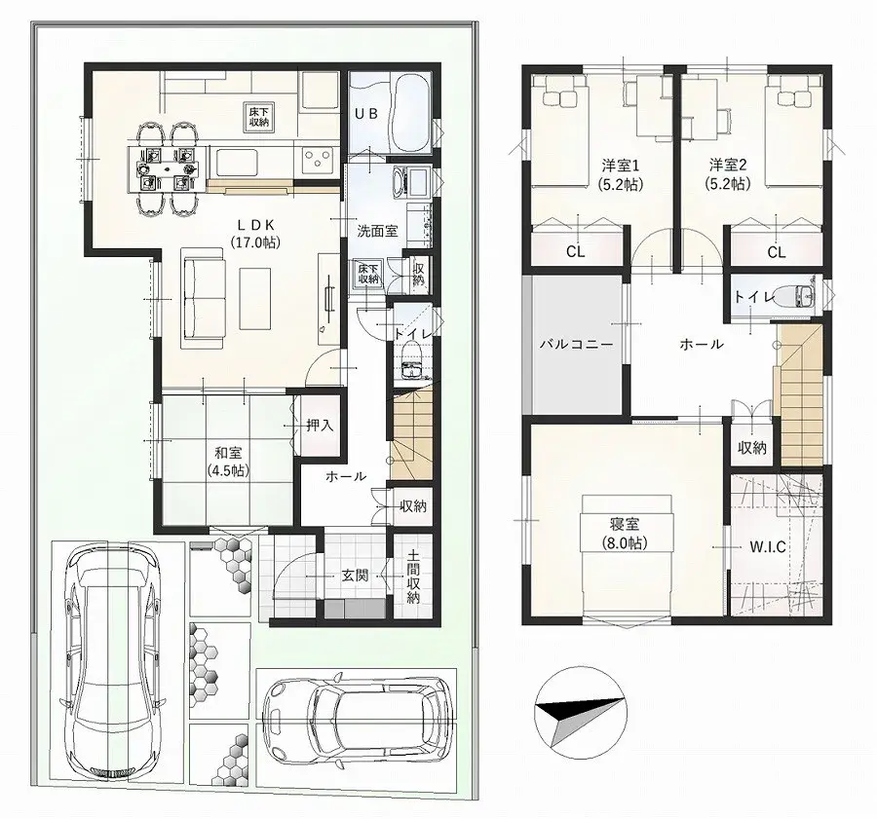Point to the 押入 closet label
tap(320, 425)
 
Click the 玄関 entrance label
tap(355, 576)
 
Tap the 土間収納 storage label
tap(413, 578)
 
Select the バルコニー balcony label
tap(577, 345)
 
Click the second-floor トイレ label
tap(754, 298)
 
